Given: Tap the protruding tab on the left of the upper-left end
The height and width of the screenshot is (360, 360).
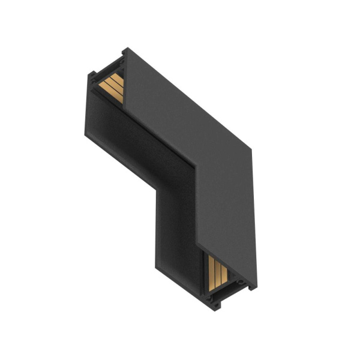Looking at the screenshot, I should click(x=91, y=77).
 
